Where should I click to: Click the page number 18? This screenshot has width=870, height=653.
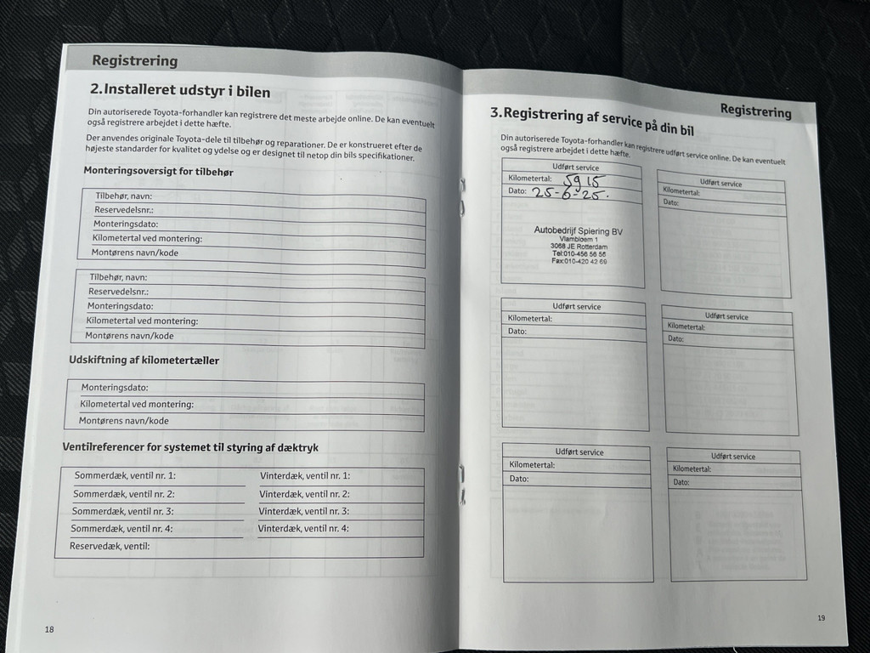click(49, 629)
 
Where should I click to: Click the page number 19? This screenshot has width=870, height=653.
click(821, 618)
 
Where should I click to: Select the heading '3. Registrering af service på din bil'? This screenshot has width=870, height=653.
click(592, 120)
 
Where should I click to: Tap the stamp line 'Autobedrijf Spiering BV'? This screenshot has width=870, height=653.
click(579, 230)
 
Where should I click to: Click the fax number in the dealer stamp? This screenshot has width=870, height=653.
click(579, 261)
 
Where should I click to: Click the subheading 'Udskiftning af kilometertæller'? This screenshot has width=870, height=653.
click(144, 360)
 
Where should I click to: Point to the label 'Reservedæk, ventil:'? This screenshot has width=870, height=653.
click(110, 546)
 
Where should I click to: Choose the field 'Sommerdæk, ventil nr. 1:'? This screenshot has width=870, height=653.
click(125, 476)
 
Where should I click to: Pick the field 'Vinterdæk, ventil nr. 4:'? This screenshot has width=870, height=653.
click(303, 529)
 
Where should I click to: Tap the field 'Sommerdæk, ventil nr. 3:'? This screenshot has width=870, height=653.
click(122, 511)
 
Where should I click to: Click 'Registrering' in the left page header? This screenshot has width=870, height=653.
click(135, 60)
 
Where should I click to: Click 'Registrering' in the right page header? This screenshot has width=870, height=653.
click(755, 110)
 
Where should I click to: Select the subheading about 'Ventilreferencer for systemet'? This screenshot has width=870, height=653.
click(190, 446)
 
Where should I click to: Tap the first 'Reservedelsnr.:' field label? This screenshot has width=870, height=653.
click(124, 210)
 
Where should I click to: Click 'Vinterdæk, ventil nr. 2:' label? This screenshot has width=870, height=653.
click(304, 494)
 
